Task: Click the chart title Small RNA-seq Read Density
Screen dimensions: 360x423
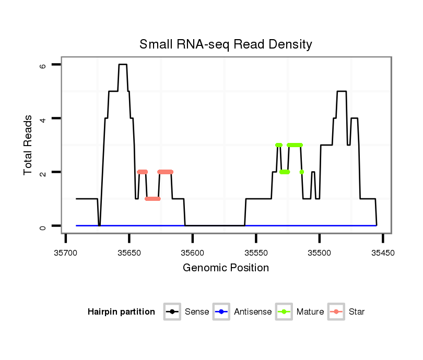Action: [226, 44]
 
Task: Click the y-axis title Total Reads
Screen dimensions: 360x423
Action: [29, 145]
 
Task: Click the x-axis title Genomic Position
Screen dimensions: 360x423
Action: [226, 268]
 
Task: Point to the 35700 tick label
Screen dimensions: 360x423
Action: [65, 253]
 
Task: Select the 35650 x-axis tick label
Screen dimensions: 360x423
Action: [129, 253]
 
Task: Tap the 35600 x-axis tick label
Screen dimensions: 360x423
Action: [193, 253]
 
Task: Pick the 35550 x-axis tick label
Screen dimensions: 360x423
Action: [256, 253]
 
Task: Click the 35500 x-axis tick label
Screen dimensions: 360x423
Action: [320, 253]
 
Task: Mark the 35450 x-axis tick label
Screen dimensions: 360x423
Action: [383, 253]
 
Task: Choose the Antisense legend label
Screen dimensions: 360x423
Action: [253, 312]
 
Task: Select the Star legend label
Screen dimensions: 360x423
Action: [357, 312]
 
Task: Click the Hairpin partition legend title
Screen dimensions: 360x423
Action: [121, 312]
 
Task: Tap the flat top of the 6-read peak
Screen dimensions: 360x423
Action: [123, 65]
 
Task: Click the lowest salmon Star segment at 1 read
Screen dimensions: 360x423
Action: [152, 199]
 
